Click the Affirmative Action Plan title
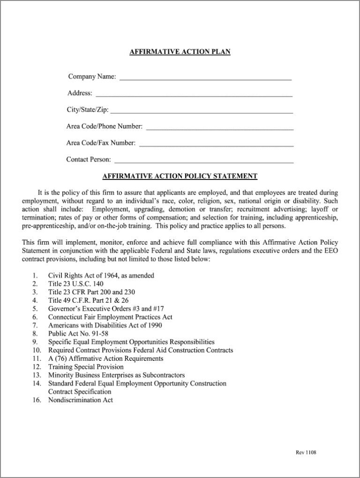(180, 52)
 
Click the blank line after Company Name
(205, 79)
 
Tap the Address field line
(194, 96)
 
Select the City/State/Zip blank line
(202, 112)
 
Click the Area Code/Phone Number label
(105, 127)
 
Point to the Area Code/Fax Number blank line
(216, 146)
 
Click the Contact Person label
(89, 160)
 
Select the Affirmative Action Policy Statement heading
(180, 176)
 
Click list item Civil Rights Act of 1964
(101, 275)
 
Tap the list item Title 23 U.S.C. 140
(76, 284)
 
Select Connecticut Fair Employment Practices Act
(110, 317)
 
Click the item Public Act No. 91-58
(78, 334)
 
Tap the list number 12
(37, 367)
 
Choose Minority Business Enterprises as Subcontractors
(116, 375)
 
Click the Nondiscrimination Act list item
(81, 400)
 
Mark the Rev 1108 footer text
(306, 452)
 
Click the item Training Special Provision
(86, 367)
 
